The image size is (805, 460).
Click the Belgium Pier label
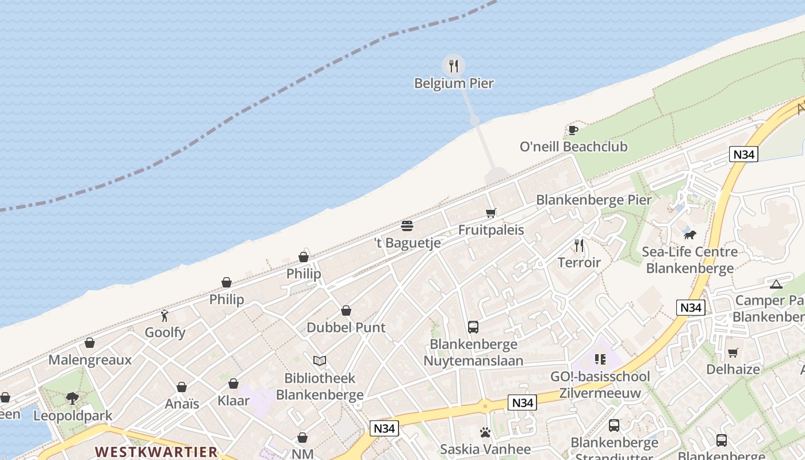click(454, 83)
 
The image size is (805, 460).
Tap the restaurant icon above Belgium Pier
click(454, 66)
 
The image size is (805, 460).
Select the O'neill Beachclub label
click(573, 147)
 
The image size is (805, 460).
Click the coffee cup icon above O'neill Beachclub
click(573, 130)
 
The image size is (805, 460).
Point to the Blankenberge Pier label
click(593, 200)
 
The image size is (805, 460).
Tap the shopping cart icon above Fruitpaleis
click(490, 213)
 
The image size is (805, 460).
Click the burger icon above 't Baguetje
click(407, 225)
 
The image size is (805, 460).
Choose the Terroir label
click(579, 263)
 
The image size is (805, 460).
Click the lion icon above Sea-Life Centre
click(689, 235)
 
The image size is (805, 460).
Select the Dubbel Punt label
click(346, 327)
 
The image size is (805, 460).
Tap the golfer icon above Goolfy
click(165, 316)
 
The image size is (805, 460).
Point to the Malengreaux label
click(90, 360)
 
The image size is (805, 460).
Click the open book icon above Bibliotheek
click(320, 361)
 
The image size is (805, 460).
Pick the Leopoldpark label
click(72, 415)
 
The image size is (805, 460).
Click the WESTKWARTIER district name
click(156, 451)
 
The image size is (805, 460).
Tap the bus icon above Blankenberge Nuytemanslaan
click(473, 327)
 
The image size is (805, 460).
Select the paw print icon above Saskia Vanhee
click(485, 432)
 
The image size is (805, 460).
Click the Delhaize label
click(733, 369)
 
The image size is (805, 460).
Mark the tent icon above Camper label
click(776, 284)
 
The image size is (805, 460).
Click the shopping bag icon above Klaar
click(233, 384)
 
